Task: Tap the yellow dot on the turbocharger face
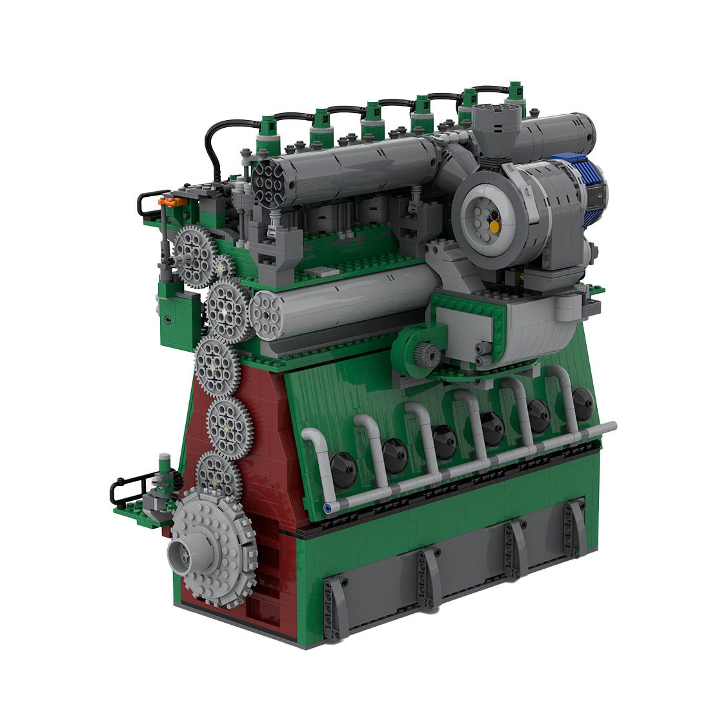coord(494,227)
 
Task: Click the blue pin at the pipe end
coord(330,508)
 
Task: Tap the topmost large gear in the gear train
coord(194,256)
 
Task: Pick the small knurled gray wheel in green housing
coord(427,353)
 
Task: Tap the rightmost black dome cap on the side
coord(583,404)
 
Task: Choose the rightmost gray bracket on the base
coord(573,529)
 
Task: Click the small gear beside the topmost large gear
coord(223,267)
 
